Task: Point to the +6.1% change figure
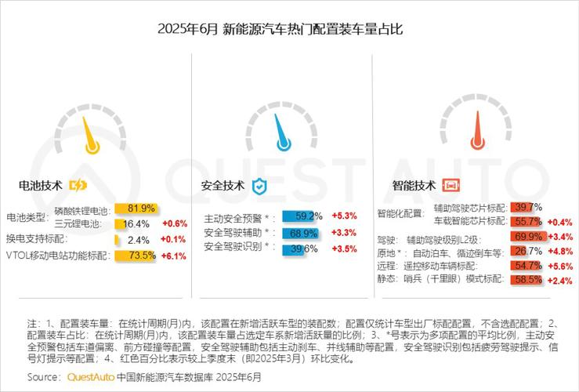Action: click(x=173, y=256)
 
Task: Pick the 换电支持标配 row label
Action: click(x=37, y=239)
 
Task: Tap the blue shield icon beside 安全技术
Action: click(x=259, y=187)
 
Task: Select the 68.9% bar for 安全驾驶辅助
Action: click(x=302, y=233)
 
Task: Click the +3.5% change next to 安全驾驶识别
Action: click(x=345, y=248)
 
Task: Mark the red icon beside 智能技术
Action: click(x=451, y=186)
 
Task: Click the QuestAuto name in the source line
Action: click(x=90, y=377)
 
